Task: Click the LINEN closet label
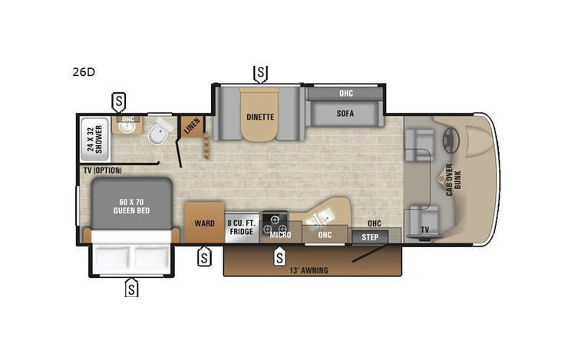point(191,127)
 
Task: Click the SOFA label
point(345,114)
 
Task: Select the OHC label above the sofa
point(345,94)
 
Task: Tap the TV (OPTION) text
point(103,170)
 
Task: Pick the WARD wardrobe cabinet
point(203,223)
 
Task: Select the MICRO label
point(281,236)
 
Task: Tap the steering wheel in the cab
point(450,140)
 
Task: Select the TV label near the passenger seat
point(424,230)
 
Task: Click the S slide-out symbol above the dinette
point(261,74)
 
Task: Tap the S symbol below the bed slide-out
point(132,288)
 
